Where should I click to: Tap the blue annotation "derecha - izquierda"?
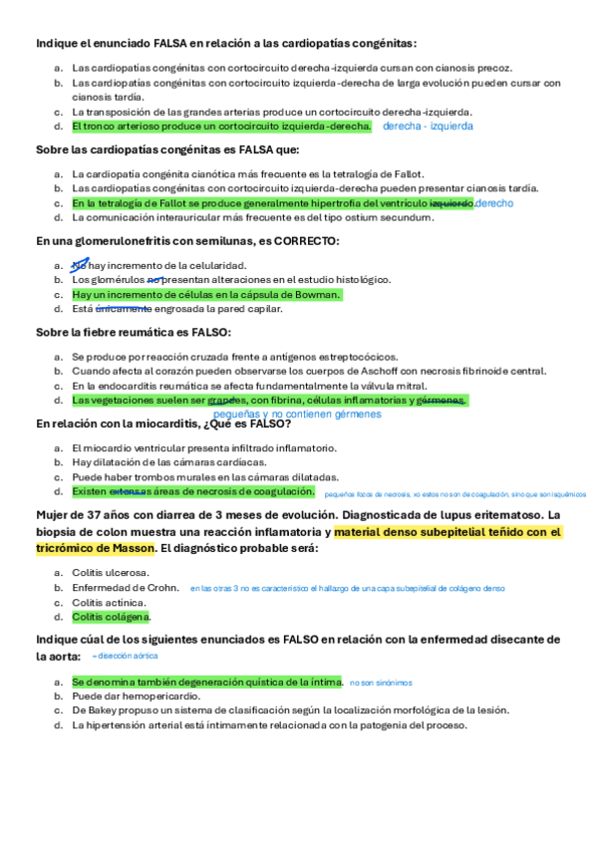tap(428, 127)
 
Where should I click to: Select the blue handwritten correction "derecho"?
tap(494, 203)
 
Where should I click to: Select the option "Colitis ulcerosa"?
tap(111, 572)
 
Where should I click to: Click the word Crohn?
tap(161, 588)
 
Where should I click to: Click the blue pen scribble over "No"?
tap(79, 264)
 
